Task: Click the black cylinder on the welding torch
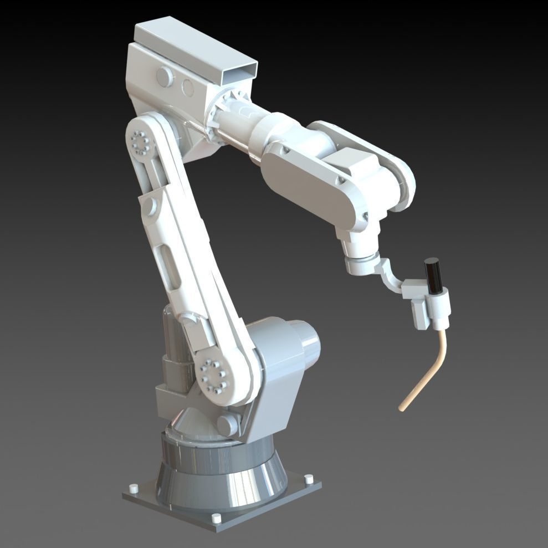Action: [x=433, y=276]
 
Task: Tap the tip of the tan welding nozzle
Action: [x=401, y=408]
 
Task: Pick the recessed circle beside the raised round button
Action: [x=187, y=88]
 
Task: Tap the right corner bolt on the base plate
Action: [x=309, y=478]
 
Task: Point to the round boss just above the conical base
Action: [x=227, y=424]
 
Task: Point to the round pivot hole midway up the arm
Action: [x=148, y=206]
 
